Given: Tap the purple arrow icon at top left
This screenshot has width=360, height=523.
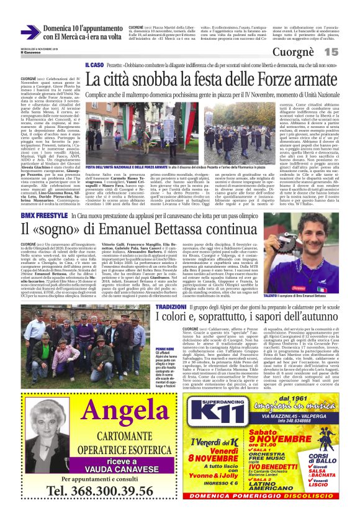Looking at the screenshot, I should (x=30, y=32).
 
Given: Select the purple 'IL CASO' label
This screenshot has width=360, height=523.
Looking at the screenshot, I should (x=94, y=65).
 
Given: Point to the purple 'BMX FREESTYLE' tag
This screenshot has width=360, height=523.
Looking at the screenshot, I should (x=44, y=214).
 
